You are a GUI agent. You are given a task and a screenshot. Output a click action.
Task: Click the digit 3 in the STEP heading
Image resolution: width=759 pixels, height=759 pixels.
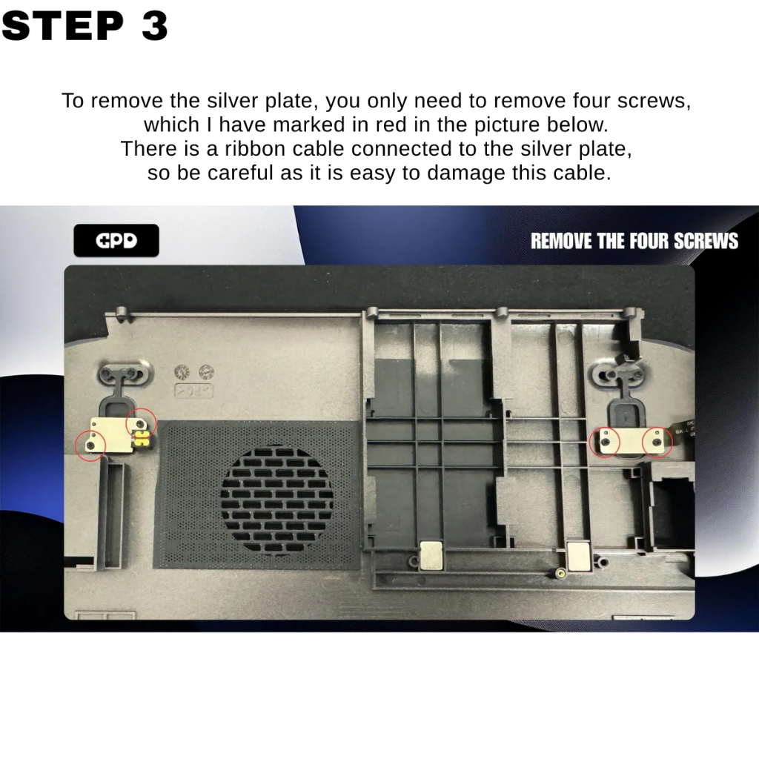[154, 26]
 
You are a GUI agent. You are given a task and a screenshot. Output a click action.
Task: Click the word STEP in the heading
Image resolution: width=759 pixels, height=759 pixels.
[63, 26]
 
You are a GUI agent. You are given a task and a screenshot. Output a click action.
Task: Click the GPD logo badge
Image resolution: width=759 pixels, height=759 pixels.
[116, 241]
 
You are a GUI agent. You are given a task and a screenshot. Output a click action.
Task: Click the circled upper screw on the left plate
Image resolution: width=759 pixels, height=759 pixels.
[141, 424]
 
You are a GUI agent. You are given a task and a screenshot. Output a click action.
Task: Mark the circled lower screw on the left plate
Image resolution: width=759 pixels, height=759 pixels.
[90, 445]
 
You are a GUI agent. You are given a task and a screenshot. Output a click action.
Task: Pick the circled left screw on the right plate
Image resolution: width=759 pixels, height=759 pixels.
[605, 441]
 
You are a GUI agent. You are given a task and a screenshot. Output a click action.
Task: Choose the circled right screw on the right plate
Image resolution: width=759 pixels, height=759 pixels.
[657, 442]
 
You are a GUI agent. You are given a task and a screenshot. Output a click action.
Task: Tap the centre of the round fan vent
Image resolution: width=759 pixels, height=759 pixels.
[276, 500]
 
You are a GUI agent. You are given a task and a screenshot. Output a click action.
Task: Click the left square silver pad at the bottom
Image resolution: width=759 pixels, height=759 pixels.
[431, 554]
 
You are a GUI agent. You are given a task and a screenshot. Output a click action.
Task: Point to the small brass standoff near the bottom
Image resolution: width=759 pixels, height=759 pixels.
[560, 574]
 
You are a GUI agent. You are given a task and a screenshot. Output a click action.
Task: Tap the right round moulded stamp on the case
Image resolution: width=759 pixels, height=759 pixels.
[206, 372]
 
